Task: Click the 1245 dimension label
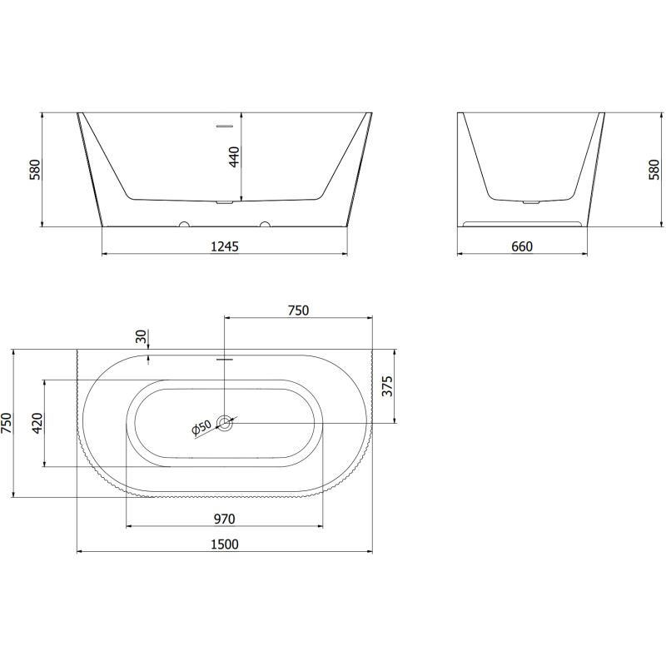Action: [225, 246]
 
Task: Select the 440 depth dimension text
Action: [234, 157]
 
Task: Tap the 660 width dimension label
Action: [522, 246]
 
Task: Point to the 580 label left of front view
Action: [34, 170]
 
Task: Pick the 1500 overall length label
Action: [225, 544]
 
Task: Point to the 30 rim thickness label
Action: [141, 337]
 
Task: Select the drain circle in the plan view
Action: [225, 423]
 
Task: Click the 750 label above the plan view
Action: [298, 311]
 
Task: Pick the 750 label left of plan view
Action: [7, 423]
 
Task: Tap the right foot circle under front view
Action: [265, 224]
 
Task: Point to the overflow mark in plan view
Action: [225, 360]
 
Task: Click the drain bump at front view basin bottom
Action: [225, 201]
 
